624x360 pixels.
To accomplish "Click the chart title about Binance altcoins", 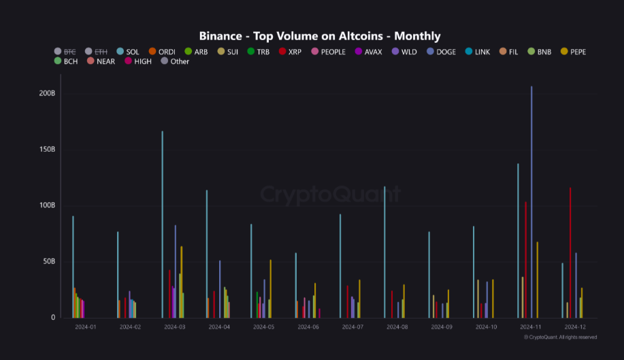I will [319, 36].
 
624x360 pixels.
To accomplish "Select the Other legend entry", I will [175, 62].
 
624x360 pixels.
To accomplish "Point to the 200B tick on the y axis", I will [47, 93].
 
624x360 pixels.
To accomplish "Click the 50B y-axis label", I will [48, 261].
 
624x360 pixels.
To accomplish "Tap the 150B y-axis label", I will [47, 149].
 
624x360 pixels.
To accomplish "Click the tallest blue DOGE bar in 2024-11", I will [531, 204].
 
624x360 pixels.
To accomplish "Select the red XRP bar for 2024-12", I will [570, 252].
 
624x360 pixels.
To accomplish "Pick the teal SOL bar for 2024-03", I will [162, 225].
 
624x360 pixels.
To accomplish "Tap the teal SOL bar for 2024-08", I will [384, 252].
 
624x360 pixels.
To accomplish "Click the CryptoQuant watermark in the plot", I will [331, 195].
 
